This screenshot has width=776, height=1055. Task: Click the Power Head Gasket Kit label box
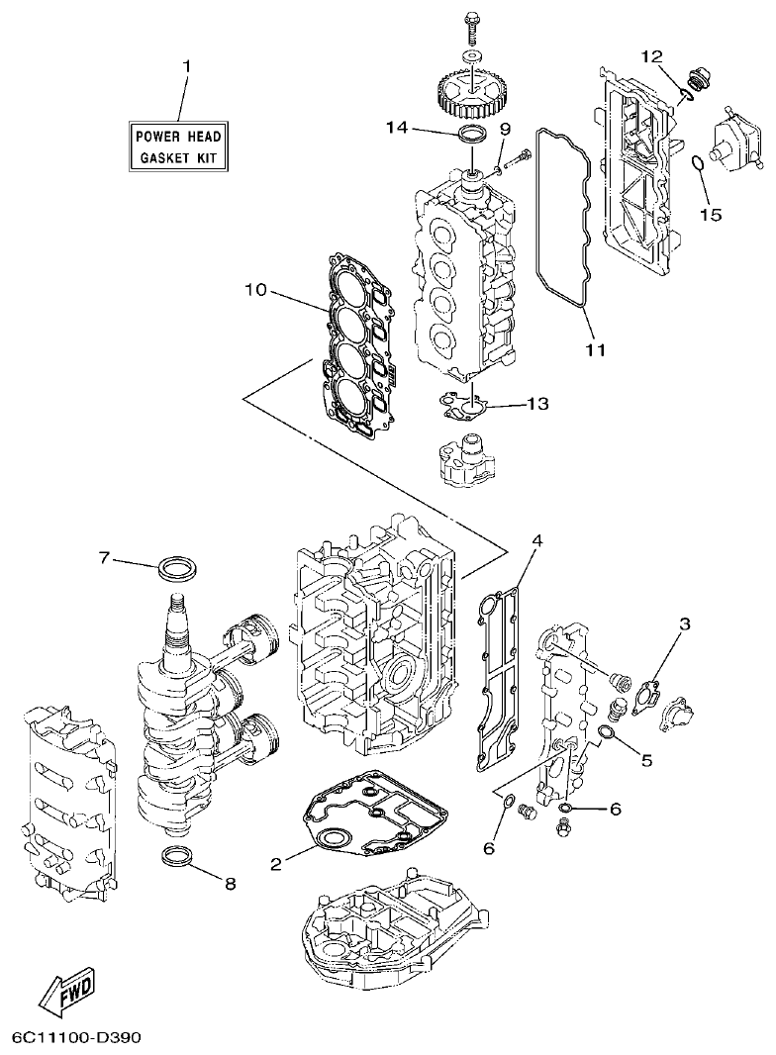click(x=179, y=145)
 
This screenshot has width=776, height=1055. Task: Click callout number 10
click(x=255, y=290)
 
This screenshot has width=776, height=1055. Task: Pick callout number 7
click(x=103, y=558)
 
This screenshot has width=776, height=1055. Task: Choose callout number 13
click(x=537, y=404)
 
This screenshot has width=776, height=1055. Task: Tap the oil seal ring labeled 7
click(x=177, y=571)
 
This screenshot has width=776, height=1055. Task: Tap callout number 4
click(x=536, y=540)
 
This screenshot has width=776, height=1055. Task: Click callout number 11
click(x=595, y=349)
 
